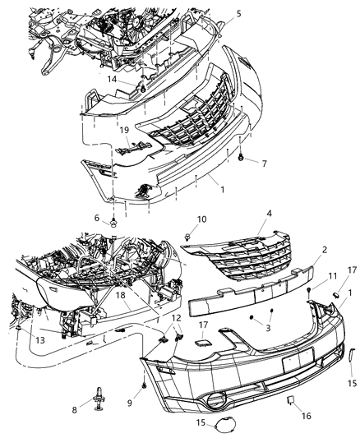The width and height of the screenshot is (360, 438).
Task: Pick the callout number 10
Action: (202, 219)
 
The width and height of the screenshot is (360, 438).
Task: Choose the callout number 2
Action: (302, 249)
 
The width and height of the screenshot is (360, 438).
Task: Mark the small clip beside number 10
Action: (188, 237)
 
